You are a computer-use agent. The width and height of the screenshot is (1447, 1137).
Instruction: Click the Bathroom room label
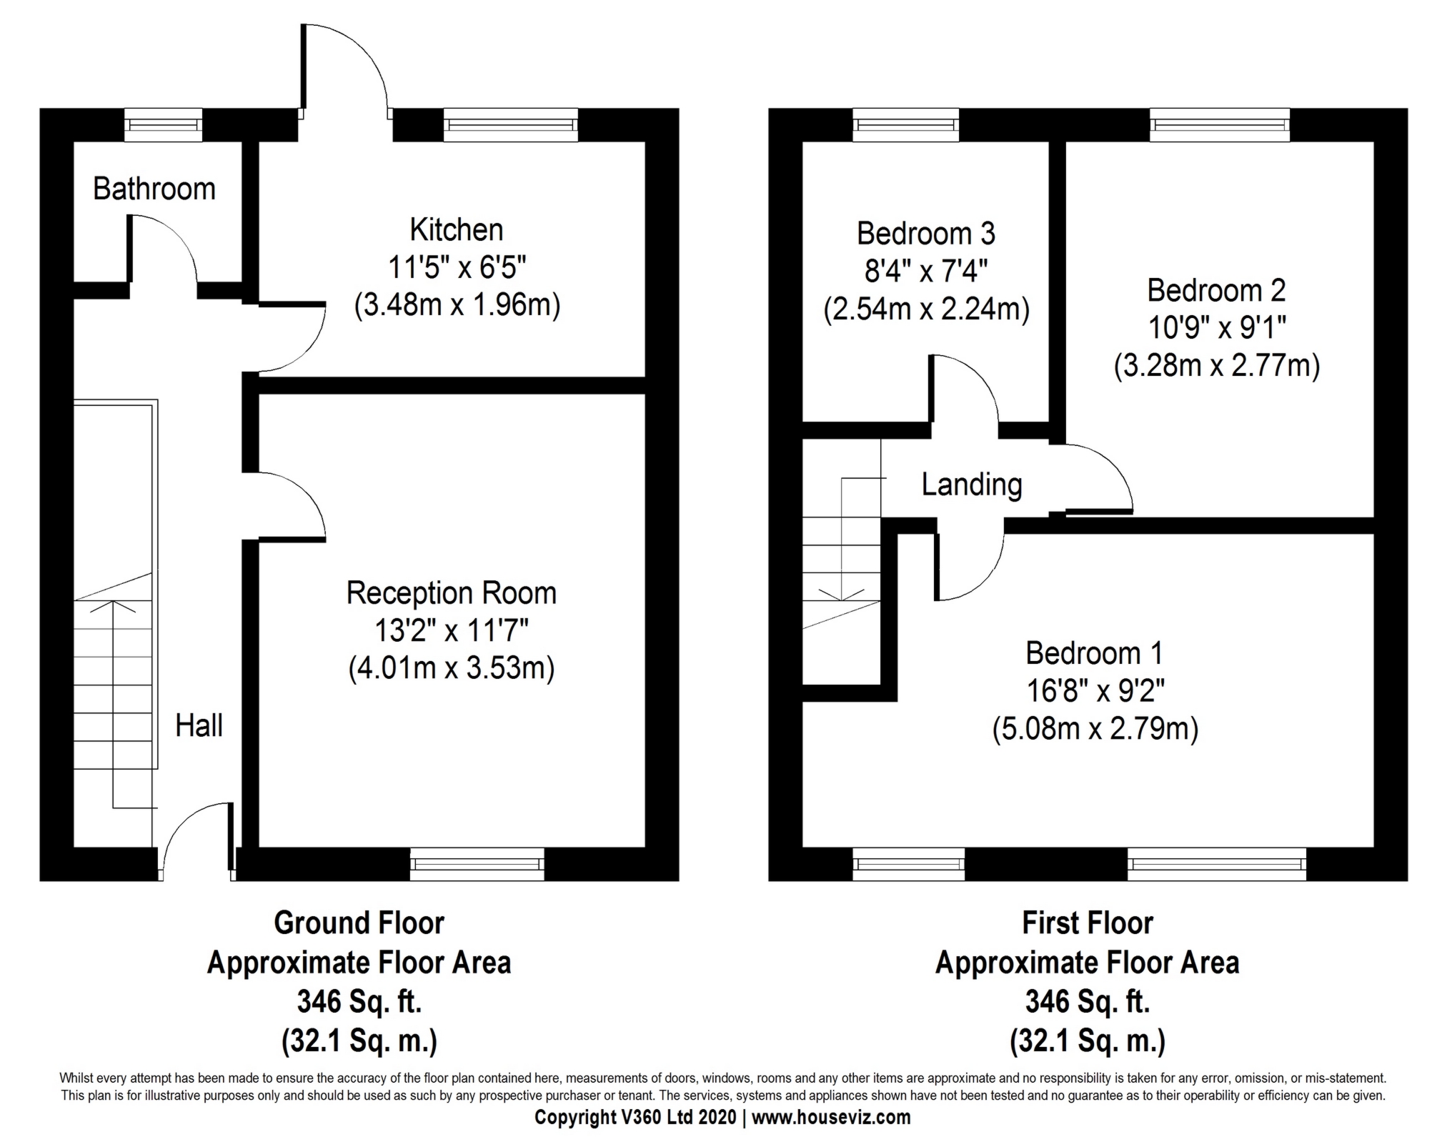coord(154,189)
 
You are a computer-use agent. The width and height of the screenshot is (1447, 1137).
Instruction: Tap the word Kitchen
coord(456,230)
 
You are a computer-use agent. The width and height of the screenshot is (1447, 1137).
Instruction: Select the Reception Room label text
coord(451,593)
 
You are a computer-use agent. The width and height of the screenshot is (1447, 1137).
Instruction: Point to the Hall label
coord(199,725)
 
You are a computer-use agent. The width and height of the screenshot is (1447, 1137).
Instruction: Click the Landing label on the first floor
coord(971,485)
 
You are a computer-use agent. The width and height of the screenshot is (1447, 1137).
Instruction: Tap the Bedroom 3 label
coord(925,234)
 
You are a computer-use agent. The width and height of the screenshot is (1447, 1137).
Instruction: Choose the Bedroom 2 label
coord(1216,290)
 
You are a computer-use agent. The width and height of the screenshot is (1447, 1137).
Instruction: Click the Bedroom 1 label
coord(1094,653)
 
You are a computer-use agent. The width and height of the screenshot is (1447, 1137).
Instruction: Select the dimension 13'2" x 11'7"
coord(451,630)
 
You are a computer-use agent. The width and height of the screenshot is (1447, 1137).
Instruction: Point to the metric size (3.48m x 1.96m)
coord(457,305)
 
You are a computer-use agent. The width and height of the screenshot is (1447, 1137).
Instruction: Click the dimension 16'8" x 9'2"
coord(1095,691)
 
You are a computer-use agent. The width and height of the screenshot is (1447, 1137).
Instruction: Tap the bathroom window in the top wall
coord(163,125)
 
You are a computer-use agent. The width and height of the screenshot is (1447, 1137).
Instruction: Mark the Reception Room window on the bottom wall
coord(477,863)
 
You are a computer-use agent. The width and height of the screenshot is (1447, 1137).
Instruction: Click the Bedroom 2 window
coord(1220,125)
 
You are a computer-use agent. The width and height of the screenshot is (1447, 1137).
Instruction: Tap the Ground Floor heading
coord(359,923)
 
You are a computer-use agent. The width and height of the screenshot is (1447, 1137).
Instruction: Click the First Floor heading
coord(1087,923)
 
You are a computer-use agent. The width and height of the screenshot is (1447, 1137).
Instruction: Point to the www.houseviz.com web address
coord(830,1117)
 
